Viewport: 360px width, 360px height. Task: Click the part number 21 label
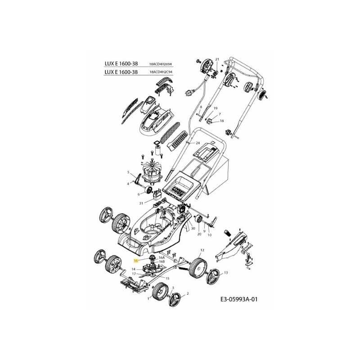click(x=216, y=59)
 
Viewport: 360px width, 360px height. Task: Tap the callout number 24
click(x=197, y=143)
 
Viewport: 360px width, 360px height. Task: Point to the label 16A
click(x=162, y=257)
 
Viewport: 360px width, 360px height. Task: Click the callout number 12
click(x=202, y=250)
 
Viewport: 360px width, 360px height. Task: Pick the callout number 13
click(x=226, y=273)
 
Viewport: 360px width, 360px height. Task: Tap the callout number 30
click(x=193, y=228)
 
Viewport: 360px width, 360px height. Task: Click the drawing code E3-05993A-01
click(x=241, y=299)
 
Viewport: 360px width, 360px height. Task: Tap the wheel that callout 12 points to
click(x=198, y=265)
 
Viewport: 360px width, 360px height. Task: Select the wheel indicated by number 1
click(x=158, y=295)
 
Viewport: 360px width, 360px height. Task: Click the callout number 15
click(x=167, y=279)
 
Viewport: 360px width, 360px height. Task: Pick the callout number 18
click(x=222, y=121)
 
